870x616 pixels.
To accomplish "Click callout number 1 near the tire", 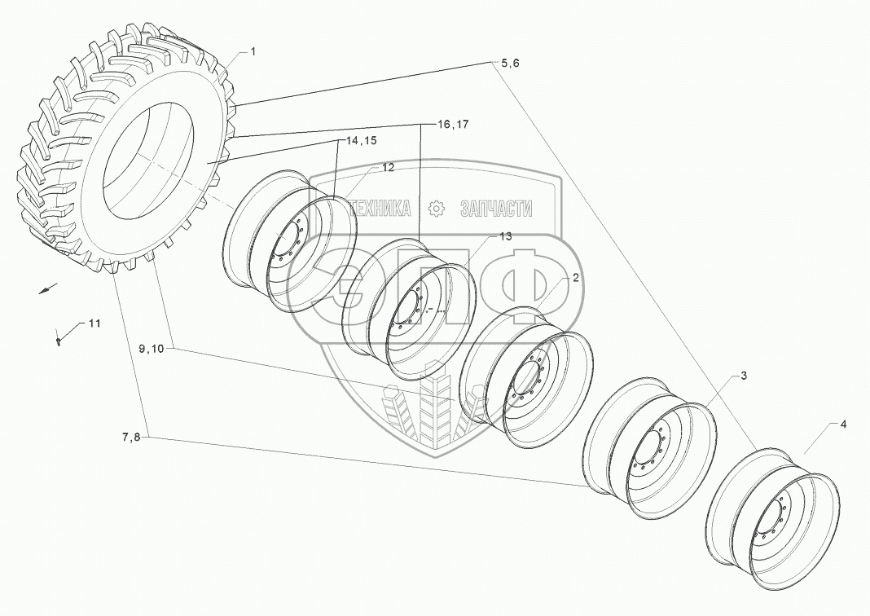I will click(x=253, y=52).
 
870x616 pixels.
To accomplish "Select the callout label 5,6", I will click(x=506, y=64).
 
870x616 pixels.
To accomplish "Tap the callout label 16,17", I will click(x=453, y=125).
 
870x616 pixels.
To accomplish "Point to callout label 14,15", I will click(x=361, y=141).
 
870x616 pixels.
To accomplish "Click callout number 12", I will click(x=388, y=168).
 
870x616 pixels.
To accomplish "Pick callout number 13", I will click(x=505, y=236).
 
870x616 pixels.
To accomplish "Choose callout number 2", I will click(x=575, y=278).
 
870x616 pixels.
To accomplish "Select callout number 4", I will click(x=843, y=425).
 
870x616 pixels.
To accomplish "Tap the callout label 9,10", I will click(x=151, y=348).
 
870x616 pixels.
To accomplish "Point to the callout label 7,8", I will click(x=131, y=438).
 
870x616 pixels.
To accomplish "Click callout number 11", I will click(x=94, y=323).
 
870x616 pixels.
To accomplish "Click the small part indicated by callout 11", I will click(x=59, y=341).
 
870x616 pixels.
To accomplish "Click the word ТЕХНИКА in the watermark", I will click(x=380, y=209).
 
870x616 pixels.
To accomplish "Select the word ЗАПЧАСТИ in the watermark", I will click(x=496, y=209).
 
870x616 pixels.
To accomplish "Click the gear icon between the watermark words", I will click(x=436, y=209).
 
